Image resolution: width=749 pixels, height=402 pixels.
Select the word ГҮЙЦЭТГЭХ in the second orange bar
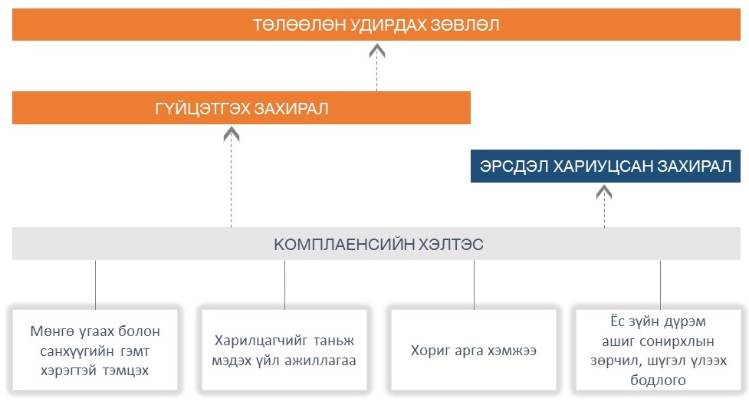point(202,108)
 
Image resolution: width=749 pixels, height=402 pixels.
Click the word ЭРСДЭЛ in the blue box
point(514,166)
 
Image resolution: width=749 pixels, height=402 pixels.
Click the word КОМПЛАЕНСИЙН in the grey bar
point(344,245)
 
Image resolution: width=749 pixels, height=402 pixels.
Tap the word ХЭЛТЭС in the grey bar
point(451,245)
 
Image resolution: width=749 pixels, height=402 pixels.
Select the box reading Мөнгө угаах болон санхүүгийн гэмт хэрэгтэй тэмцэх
point(95,350)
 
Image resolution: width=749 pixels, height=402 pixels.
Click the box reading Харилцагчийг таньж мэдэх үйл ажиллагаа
point(284,350)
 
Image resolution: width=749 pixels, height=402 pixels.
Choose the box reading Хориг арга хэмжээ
point(473,350)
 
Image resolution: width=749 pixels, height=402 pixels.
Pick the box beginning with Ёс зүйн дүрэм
point(659,350)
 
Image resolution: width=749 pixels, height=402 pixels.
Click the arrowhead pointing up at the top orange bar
point(377,50)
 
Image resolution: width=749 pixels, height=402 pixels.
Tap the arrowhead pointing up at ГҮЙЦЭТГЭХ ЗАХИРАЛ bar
point(232,133)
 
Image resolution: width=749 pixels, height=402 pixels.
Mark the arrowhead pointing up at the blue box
point(604,192)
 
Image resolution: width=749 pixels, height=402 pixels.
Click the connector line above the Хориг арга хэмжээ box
point(474,285)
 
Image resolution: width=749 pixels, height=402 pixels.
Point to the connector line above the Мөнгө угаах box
point(95,285)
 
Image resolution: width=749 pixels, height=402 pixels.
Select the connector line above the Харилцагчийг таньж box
point(284,285)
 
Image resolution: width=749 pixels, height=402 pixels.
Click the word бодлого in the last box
point(658,380)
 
